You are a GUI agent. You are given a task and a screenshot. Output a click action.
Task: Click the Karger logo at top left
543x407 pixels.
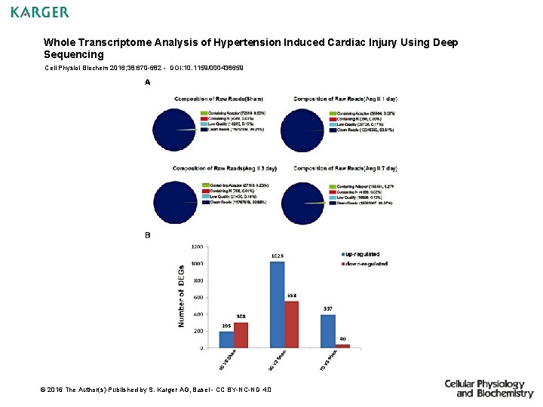click(x=40, y=12)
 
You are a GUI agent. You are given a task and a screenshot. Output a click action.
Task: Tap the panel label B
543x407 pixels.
click(x=147, y=235)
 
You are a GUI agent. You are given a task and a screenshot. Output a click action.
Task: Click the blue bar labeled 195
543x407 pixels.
click(x=226, y=339)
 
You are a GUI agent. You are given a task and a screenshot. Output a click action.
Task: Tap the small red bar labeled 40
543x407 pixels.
click(x=342, y=345)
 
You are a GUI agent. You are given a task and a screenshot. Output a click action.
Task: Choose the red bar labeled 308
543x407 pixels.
click(x=241, y=335)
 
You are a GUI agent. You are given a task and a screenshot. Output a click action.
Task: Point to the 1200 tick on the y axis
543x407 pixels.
click(x=196, y=246)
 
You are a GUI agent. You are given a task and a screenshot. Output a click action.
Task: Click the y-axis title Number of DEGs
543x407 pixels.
click(x=181, y=296)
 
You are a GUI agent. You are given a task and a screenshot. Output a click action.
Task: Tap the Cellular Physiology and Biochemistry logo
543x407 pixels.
click(x=489, y=388)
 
